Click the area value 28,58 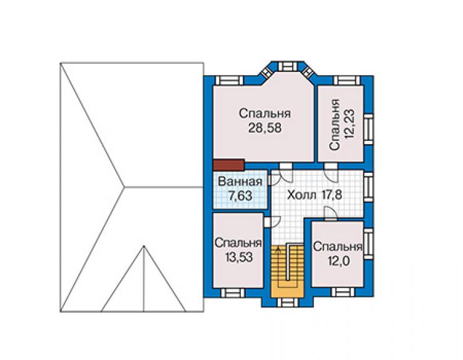click(265, 128)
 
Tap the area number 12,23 click(350, 125)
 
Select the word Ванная click(240, 182)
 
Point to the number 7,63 click(240, 196)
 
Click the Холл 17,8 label click(315, 195)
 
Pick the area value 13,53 click(239, 257)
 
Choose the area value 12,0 click(338, 261)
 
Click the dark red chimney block click(228, 165)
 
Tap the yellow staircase click(287, 271)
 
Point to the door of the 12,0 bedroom click(330, 213)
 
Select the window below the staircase click(287, 302)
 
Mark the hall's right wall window click(369, 187)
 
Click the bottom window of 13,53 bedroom click(233, 292)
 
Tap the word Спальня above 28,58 click(265, 114)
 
